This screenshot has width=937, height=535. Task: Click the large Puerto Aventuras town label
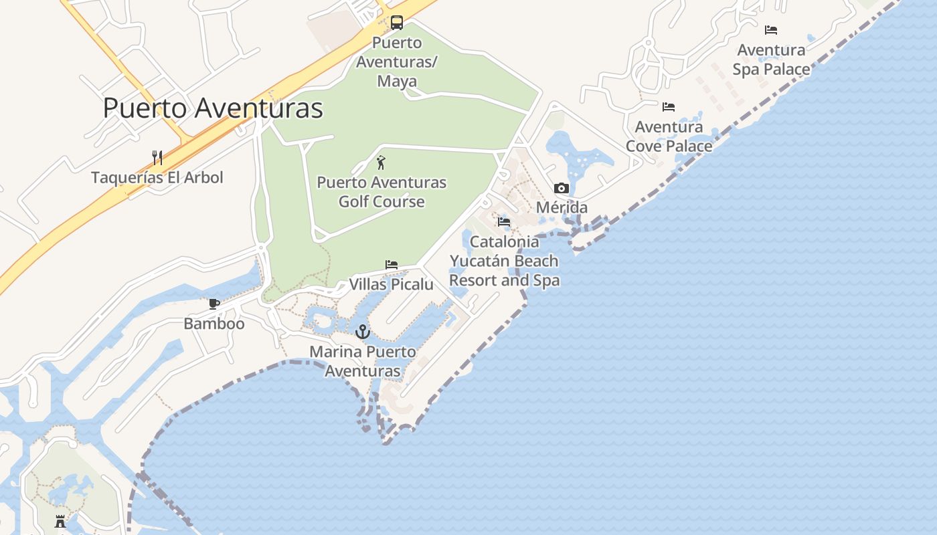click(x=213, y=108)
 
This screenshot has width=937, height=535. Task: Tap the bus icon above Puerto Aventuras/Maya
click(x=397, y=23)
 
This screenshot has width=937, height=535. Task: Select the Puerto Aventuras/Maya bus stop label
click(x=397, y=62)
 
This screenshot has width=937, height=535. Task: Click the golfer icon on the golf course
click(x=381, y=163)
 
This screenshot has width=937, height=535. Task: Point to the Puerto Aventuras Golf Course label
click(x=381, y=192)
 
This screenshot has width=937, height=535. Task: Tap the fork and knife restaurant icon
click(x=157, y=158)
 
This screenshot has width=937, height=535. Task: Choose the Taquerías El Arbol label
click(x=157, y=178)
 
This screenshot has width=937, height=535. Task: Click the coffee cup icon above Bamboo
click(x=214, y=304)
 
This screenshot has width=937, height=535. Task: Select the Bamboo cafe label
click(x=214, y=324)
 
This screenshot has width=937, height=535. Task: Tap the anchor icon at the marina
click(x=362, y=332)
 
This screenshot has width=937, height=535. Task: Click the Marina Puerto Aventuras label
click(x=362, y=361)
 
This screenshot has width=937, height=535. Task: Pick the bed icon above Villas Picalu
click(x=392, y=265)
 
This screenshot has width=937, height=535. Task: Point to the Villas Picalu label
click(x=392, y=285)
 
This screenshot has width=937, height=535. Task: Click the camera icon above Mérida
click(x=562, y=189)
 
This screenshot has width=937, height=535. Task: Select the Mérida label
click(x=562, y=208)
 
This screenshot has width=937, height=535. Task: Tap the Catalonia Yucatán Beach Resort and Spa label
click(x=505, y=261)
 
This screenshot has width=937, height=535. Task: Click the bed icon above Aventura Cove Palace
click(x=669, y=107)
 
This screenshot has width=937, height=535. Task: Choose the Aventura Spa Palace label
click(x=771, y=60)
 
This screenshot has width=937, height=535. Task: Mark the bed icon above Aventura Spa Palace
click(x=771, y=30)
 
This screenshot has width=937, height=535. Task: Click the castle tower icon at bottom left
click(x=60, y=522)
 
